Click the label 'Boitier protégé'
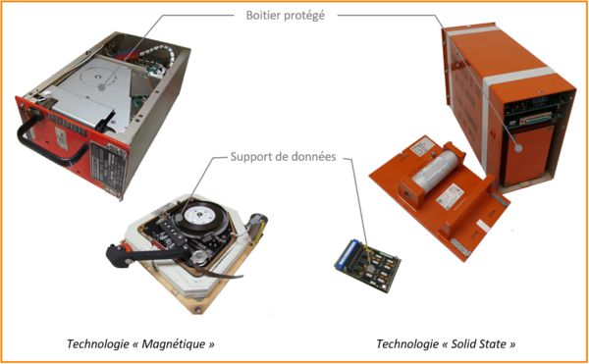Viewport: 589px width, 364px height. (x=285, y=16)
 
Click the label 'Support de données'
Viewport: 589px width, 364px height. (x=284, y=156)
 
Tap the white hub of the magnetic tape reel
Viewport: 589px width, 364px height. (x=198, y=215)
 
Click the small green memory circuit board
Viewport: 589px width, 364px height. (x=367, y=266)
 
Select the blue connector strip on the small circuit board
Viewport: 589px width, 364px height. (x=346, y=253)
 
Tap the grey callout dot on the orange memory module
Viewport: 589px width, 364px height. (x=518, y=147)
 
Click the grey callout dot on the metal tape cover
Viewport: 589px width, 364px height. (x=101, y=87)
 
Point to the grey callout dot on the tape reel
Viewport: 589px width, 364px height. (x=180, y=217)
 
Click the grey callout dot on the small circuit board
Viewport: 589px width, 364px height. (x=371, y=269)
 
